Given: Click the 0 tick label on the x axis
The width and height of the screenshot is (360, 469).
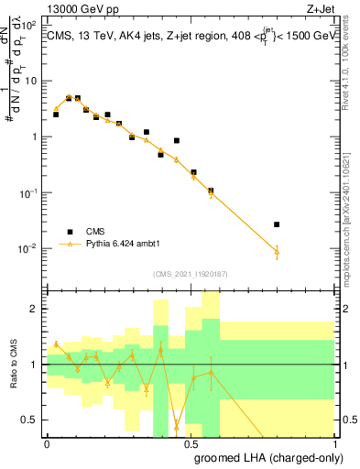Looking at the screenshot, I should coord(47,442).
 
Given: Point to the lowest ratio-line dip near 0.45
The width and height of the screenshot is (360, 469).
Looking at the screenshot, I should coord(177,425).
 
